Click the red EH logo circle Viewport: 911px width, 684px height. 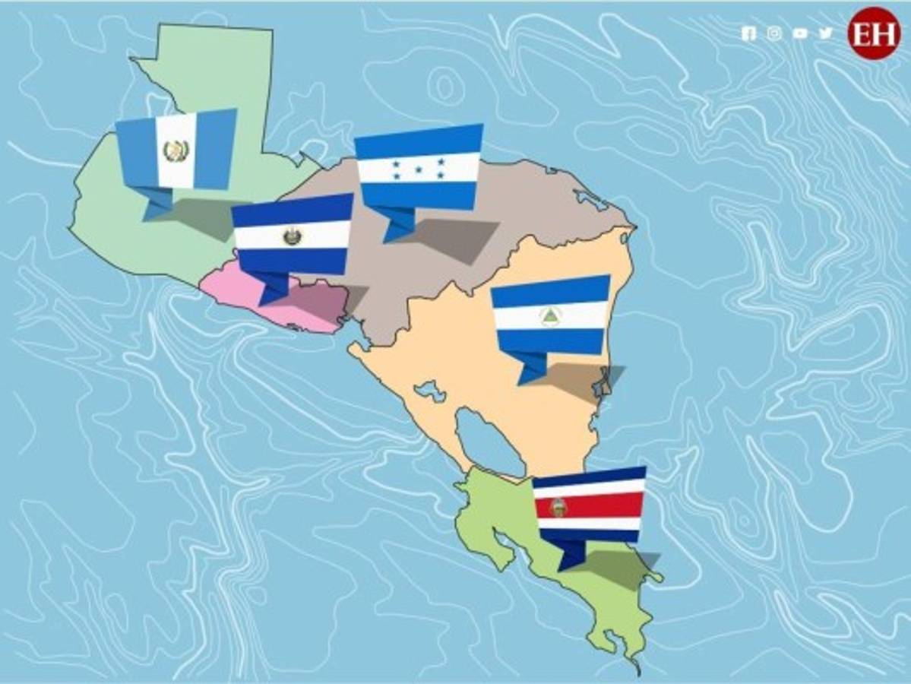pos(873,33)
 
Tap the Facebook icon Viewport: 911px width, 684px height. pos(748,33)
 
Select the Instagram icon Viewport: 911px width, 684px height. pos(773,33)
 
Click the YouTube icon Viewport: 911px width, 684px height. pos(799,33)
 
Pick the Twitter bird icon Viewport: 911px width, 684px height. pos(825,33)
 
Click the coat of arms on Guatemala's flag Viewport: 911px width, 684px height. pos(174,150)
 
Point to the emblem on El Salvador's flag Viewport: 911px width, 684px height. pos(292,236)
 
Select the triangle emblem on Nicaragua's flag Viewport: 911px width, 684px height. pos(549,316)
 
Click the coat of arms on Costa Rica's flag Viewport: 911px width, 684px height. pos(558,507)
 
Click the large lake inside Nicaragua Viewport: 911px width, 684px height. pos(490,441)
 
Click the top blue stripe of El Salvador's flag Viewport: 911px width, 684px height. pos(293,211)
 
